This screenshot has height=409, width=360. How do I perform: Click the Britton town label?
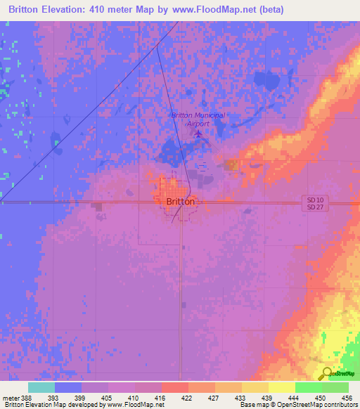point(181,201)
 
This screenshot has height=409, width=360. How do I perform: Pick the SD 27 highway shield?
point(312,208)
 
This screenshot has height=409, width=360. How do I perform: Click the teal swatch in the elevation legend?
point(41,387)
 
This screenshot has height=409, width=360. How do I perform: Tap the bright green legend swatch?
point(308,387)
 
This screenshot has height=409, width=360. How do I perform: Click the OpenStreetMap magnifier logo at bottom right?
point(327,373)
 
